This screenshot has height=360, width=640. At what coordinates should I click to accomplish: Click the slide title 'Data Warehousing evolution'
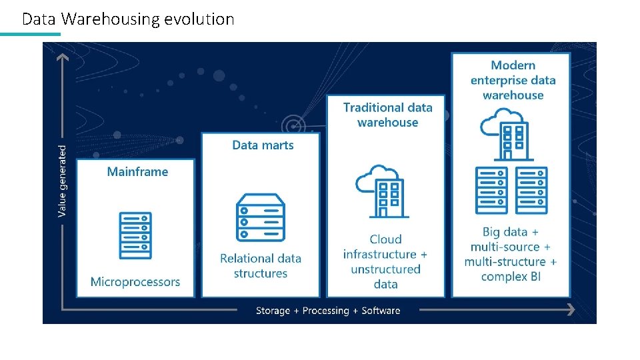tap(128, 19)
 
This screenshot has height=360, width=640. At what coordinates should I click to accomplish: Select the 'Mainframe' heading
tap(137, 172)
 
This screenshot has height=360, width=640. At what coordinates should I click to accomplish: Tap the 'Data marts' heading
tap(263, 145)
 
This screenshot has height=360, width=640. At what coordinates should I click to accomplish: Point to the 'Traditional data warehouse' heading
tap(387, 115)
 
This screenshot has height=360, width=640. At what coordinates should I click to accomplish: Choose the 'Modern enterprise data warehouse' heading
tap(513, 80)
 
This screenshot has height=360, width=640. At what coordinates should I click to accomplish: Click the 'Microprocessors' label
tap(135, 282)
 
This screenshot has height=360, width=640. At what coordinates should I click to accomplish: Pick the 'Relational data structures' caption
tap(261, 266)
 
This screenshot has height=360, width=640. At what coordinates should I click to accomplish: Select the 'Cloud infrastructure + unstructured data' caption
tap(385, 261)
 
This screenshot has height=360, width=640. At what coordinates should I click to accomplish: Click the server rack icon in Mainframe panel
tap(135, 235)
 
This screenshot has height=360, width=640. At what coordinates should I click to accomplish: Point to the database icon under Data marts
tap(261, 217)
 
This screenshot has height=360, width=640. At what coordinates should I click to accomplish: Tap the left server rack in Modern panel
tap(491, 190)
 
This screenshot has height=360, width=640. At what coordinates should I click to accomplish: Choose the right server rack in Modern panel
tap(531, 190)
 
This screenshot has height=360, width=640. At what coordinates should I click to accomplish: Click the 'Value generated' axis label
tap(63, 181)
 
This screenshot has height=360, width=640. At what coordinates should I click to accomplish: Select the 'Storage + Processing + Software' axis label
tap(328, 311)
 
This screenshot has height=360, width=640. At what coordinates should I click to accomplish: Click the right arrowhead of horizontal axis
tap(571, 309)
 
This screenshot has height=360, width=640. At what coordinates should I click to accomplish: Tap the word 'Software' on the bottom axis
tap(381, 311)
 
